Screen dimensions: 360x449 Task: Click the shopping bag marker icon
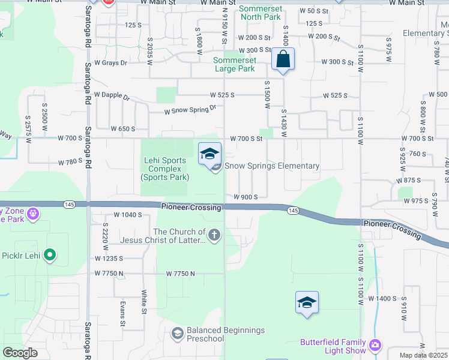tap(282, 59)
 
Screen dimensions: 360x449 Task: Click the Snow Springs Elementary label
tap(272, 166)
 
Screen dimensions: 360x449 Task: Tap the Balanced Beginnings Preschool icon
tap(177, 332)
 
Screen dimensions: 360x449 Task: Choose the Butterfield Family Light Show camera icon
tap(375, 344)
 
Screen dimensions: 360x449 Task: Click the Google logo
tap(20, 353)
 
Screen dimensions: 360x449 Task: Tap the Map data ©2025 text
tap(423, 355)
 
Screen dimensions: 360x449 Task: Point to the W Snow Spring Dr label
tap(190, 110)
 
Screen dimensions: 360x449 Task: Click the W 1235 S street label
tap(109, 259)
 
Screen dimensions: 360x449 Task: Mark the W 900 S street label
tap(246, 197)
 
